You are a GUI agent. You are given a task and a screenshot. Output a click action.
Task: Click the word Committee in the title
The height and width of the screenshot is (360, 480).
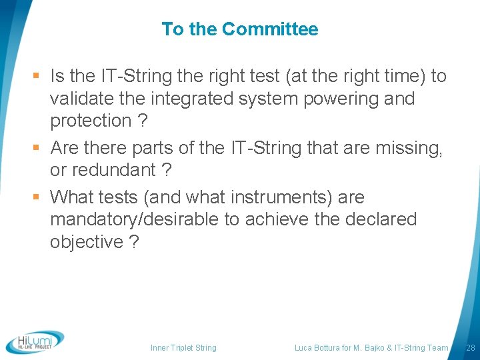coord(270,29)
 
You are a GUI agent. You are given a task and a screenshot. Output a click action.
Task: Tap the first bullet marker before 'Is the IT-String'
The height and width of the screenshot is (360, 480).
coord(39,77)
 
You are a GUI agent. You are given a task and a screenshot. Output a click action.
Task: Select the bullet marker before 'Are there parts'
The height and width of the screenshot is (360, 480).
coord(39,148)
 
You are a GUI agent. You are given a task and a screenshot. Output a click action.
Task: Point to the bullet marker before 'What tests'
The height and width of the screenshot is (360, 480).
coord(39,198)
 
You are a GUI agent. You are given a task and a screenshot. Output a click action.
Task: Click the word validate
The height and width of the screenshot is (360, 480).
coord(79,99)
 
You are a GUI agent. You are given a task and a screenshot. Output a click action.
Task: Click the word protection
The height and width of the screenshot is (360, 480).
coord(91,121)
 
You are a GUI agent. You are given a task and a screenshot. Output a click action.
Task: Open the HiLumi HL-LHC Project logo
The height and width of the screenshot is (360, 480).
coord(35,342)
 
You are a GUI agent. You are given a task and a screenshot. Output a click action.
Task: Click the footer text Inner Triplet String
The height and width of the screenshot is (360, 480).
coord(183,348)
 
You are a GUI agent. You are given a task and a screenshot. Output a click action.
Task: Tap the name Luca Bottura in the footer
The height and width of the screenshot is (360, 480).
coord(317,348)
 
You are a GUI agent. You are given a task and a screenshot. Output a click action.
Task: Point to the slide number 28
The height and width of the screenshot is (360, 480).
coord(470,348)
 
